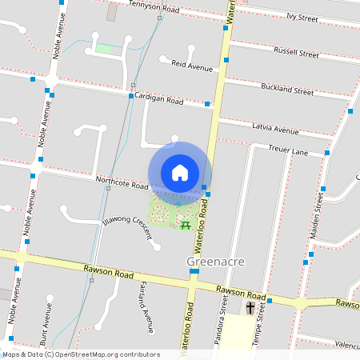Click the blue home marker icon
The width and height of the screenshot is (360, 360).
pyautogui.click(x=180, y=173)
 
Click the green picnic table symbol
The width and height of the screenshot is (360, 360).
pyautogui.click(x=186, y=225)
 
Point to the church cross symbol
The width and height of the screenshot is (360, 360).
pyautogui.click(x=250, y=308)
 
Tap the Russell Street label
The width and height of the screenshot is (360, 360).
pyautogui.click(x=296, y=53)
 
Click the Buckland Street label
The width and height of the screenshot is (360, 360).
pyautogui.click(x=287, y=90)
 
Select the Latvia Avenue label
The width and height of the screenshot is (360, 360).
pyautogui.click(x=274, y=128)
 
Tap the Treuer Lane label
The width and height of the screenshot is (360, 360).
pyautogui.click(x=288, y=150)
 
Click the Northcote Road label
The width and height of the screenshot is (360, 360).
pyautogui.click(x=122, y=183)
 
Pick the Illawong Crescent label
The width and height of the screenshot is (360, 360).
pyautogui.click(x=127, y=228)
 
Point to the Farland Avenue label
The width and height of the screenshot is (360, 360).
pyautogui.click(x=146, y=308)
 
